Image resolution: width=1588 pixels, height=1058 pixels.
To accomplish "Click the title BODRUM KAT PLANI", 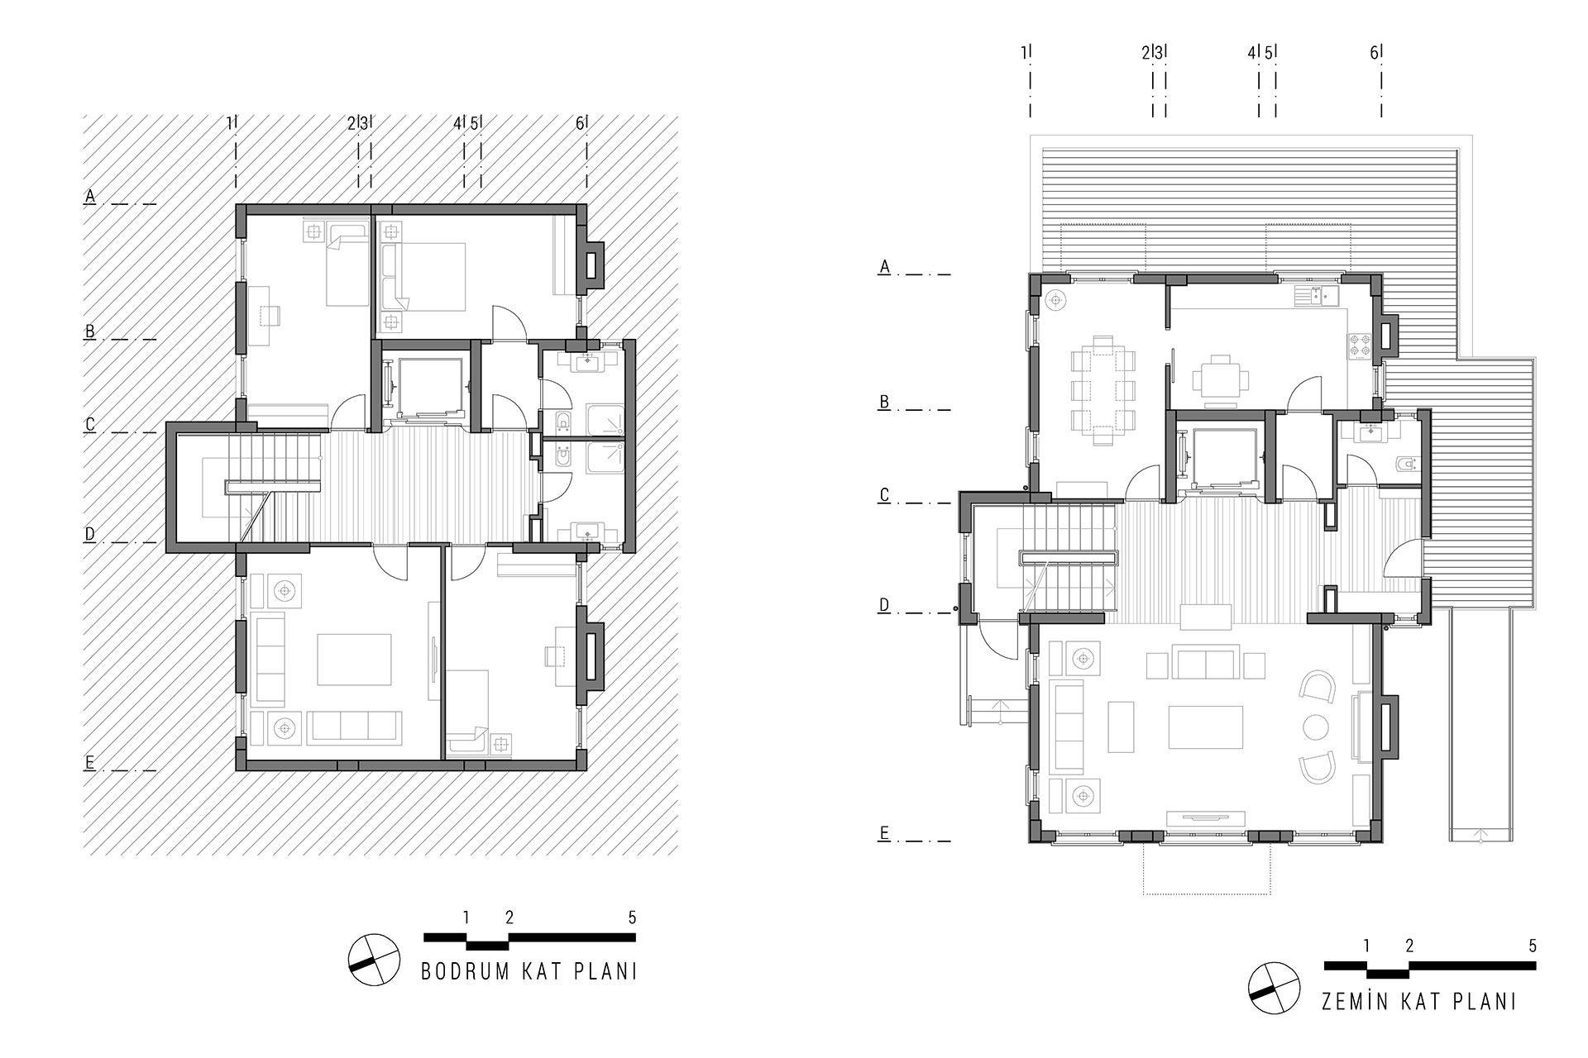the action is [x=529, y=971].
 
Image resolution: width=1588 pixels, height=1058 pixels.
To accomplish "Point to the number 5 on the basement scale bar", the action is [x=632, y=917].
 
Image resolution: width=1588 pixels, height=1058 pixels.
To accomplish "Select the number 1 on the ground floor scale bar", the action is [x=1366, y=946].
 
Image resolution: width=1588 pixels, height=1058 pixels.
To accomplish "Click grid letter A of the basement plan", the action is [x=90, y=196].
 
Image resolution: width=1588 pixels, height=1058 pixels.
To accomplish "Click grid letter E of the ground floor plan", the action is [x=884, y=832].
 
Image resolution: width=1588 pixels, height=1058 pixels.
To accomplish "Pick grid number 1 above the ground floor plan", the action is [x=1024, y=52].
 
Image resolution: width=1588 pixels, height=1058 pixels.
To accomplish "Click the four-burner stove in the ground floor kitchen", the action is [x=1360, y=344].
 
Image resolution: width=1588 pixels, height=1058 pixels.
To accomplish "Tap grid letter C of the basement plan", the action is [x=90, y=424].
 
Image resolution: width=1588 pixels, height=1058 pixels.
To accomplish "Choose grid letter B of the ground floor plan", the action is [x=884, y=402].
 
